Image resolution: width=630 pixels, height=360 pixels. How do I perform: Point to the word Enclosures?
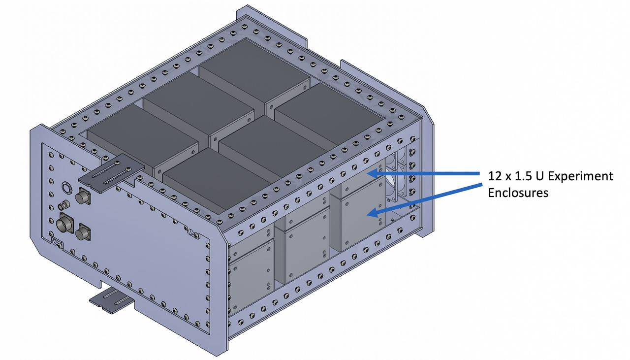click(x=518, y=193)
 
